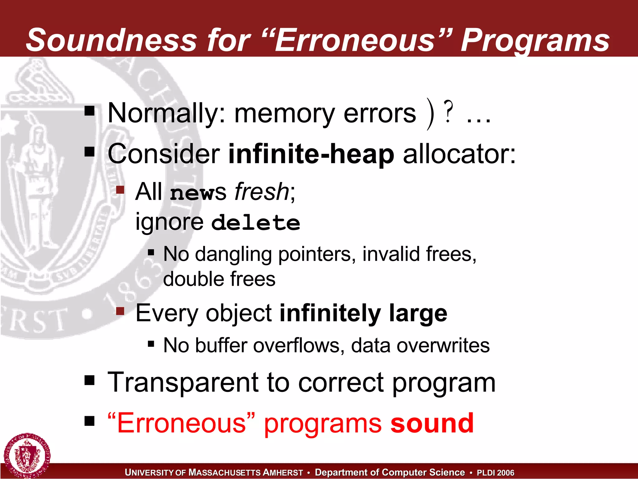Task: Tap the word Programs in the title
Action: click(535, 40)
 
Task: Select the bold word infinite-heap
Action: click(311, 154)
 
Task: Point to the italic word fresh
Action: click(262, 191)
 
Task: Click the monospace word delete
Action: click(255, 223)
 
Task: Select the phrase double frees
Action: click(219, 279)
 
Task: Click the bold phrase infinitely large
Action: click(363, 313)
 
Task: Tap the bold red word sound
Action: click(432, 423)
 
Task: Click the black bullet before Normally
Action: click(89, 111)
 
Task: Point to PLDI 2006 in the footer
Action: click(495, 472)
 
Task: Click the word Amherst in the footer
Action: click(283, 472)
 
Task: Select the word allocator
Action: click(459, 154)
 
